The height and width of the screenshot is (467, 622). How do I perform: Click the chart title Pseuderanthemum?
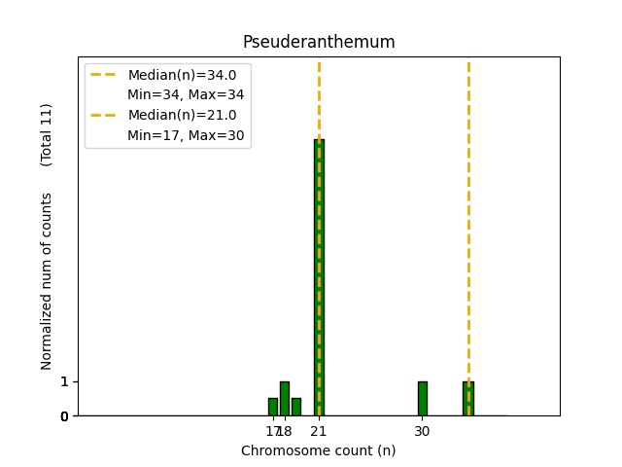319,42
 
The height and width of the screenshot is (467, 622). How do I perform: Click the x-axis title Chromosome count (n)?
319,450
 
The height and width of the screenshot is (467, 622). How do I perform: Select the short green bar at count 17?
273,407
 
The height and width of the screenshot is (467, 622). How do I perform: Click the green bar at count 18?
285,398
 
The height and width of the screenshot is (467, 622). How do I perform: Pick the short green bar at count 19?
296,407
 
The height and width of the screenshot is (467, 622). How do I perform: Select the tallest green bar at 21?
319,277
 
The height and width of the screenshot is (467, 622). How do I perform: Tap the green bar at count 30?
423,398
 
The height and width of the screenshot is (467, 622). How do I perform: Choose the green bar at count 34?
467,398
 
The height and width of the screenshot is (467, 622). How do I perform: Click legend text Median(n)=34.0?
182,75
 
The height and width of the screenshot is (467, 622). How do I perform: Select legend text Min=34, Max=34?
186,94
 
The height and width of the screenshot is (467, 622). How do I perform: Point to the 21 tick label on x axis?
319,431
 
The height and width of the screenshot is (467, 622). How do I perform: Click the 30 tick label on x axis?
423,431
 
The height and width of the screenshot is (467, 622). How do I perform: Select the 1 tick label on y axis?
64,381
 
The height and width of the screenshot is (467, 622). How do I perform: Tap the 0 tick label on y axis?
64,416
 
